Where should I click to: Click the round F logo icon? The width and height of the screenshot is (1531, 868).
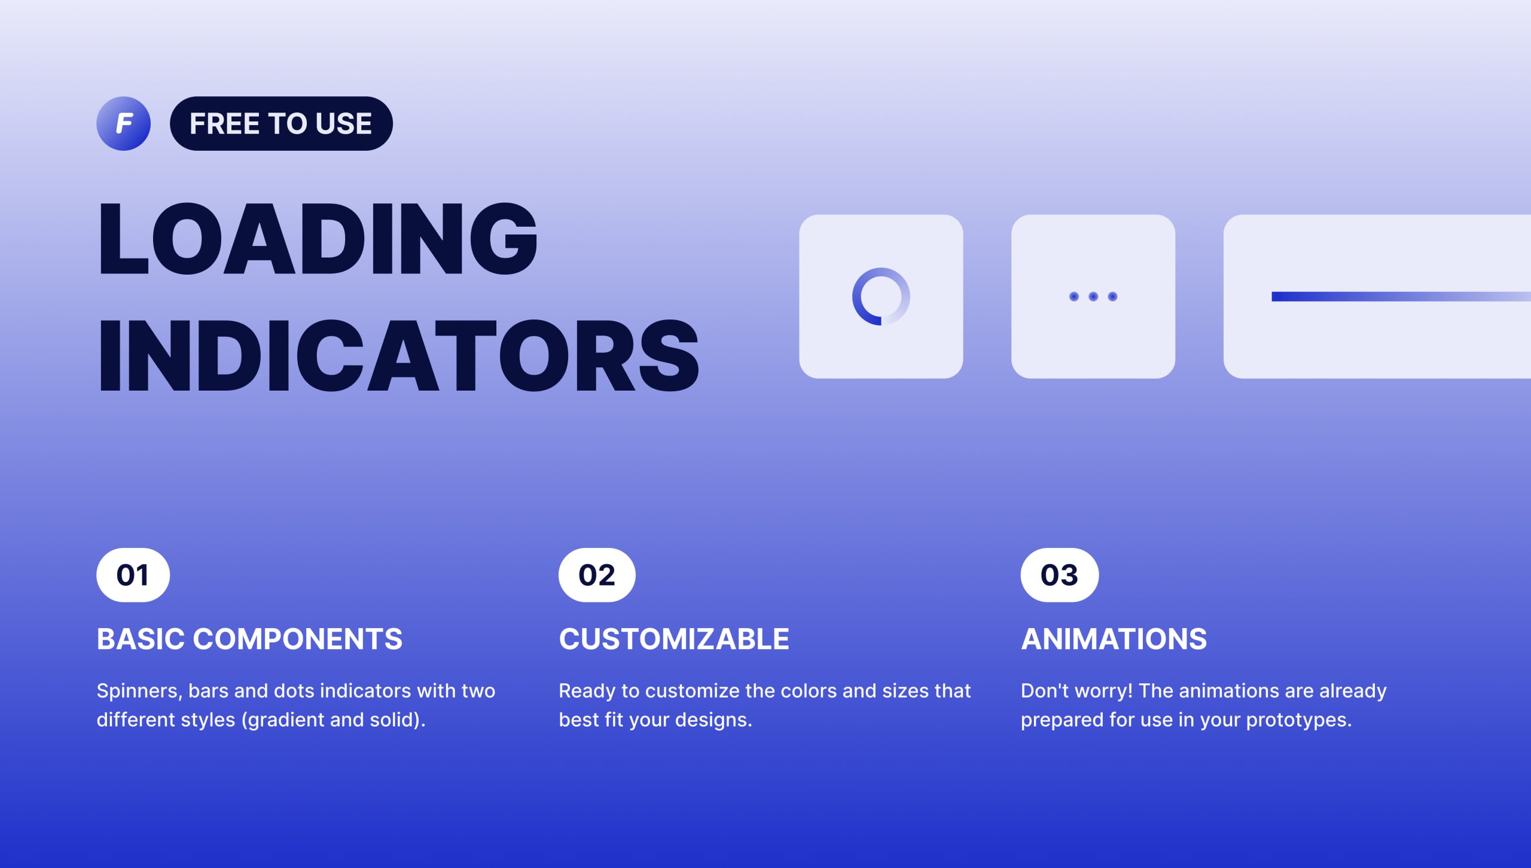click(x=123, y=123)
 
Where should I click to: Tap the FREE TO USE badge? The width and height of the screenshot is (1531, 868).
click(x=281, y=123)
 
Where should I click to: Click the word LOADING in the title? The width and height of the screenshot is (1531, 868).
click(x=318, y=239)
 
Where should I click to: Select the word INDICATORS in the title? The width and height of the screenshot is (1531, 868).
click(x=399, y=355)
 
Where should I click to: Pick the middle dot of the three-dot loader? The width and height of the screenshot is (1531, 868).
click(x=1093, y=297)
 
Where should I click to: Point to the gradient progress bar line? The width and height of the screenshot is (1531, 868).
click(x=1401, y=297)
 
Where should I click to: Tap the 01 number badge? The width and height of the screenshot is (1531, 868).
click(x=133, y=575)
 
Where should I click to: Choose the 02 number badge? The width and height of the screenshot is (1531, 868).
click(x=597, y=575)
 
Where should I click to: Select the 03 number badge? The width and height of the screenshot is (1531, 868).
click(x=1059, y=575)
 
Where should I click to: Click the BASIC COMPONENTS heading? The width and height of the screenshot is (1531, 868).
click(x=249, y=639)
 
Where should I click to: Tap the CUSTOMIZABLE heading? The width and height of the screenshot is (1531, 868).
click(x=674, y=639)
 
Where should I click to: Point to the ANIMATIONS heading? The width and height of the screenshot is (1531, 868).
click(x=1114, y=639)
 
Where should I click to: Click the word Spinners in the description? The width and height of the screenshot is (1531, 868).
click(x=139, y=692)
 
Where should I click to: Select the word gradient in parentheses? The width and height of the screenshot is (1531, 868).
click(x=286, y=720)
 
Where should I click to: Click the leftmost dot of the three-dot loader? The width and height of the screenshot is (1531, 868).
click(x=1074, y=297)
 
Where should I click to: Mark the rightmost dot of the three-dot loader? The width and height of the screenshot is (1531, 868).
click(x=1112, y=297)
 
